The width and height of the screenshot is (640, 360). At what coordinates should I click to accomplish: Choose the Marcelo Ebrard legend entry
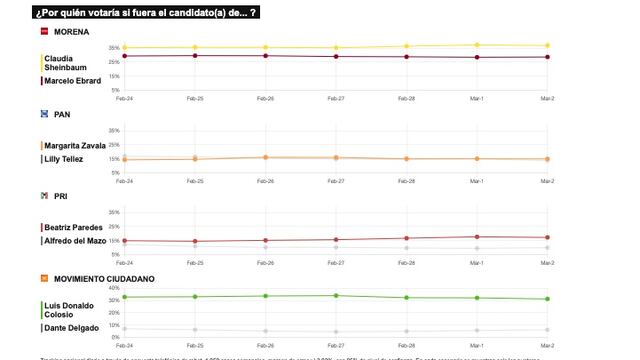click(73, 81)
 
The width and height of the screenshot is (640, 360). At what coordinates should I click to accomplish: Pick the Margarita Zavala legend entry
click(75, 145)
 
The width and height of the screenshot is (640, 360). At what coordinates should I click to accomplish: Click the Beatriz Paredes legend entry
click(73, 227)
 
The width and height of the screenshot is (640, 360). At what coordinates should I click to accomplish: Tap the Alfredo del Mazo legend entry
click(76, 241)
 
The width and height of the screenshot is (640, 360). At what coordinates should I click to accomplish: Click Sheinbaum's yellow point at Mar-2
click(547, 45)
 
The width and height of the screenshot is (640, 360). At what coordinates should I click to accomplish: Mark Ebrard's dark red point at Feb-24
click(124, 56)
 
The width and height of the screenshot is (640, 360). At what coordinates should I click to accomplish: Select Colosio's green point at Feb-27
click(336, 295)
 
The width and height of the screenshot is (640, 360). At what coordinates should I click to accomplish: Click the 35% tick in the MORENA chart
click(114, 48)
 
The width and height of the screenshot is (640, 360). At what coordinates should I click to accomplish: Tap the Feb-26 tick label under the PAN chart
click(265, 181)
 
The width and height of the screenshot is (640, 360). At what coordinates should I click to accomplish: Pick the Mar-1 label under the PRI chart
click(477, 262)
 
